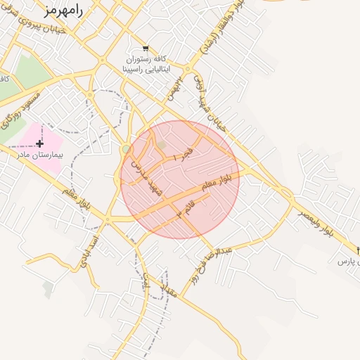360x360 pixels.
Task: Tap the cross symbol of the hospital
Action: point(39,143)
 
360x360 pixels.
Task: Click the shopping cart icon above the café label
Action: point(146,49)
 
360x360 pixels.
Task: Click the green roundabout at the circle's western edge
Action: point(125,149)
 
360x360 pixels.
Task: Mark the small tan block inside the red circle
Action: point(161,145)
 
